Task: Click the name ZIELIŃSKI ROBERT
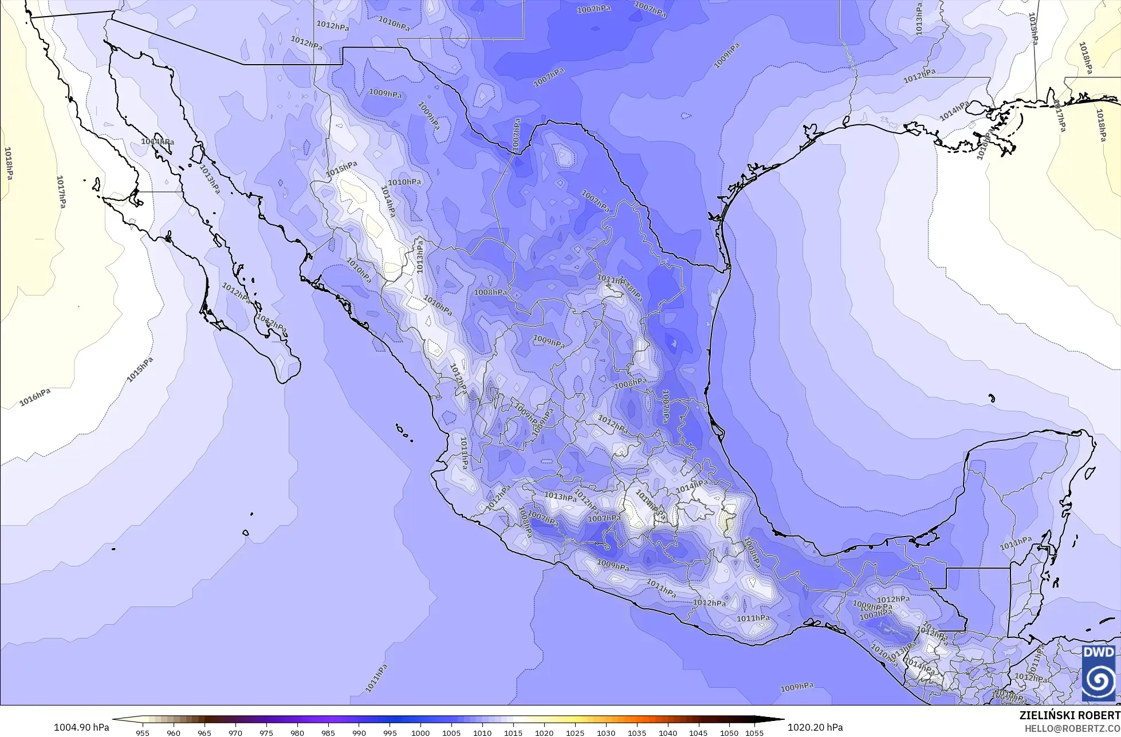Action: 1069,716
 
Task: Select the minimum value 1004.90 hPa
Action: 81,727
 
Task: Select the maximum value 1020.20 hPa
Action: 815,727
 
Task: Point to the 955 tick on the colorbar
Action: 143,733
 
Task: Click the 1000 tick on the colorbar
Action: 420,733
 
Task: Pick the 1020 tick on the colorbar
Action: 544,733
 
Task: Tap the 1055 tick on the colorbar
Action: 755,733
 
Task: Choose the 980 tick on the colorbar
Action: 297,733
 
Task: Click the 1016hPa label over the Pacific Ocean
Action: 35,397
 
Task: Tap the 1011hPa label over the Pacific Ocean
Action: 376,678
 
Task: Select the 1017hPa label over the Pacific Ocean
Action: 61,191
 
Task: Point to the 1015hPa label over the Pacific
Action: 140,369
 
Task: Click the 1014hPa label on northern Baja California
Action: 158,141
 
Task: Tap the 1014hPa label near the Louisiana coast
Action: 954,111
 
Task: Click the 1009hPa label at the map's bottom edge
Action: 797,687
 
